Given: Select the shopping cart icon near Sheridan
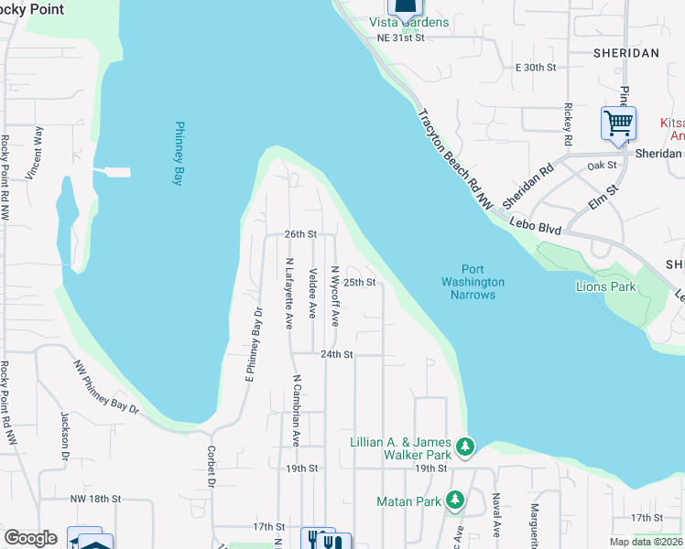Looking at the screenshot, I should [x=618, y=123].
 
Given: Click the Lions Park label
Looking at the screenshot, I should [x=605, y=286].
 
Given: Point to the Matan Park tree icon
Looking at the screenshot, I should [x=455, y=501].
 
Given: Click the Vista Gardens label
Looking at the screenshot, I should [x=408, y=22].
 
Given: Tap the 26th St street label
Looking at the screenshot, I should [x=299, y=234].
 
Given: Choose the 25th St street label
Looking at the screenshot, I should [x=360, y=283].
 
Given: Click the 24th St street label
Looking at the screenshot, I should [x=336, y=354].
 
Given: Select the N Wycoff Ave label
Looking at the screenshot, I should [x=335, y=296].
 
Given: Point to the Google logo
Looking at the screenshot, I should [x=30, y=538].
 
